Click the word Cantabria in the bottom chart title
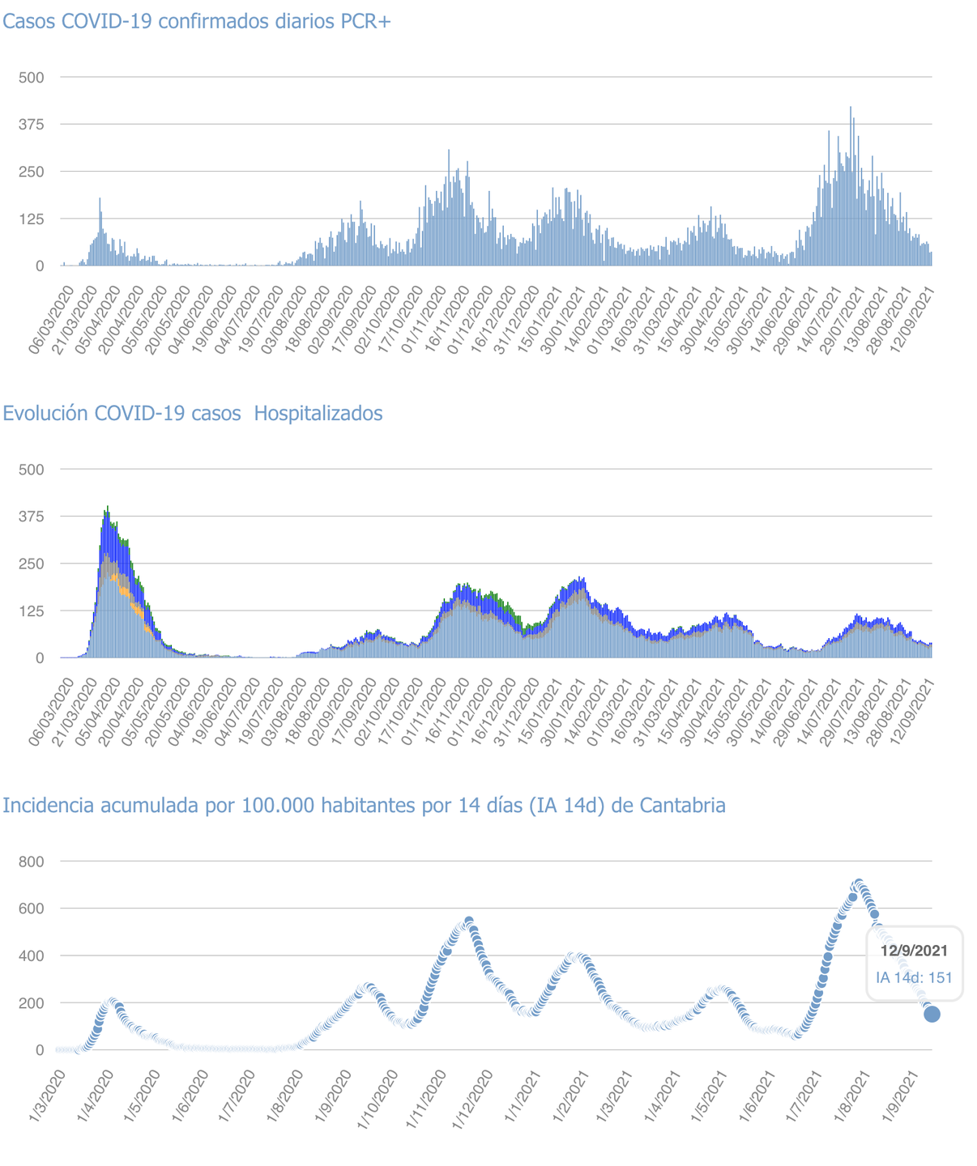click(x=682, y=806)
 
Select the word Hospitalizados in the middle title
click(x=318, y=414)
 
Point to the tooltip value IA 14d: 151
click(x=914, y=977)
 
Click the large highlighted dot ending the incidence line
click(x=932, y=1014)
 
